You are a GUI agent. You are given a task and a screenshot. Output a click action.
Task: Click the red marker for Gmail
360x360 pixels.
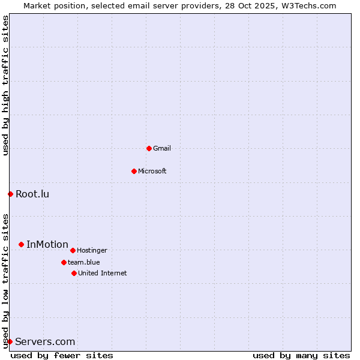tap(149, 148)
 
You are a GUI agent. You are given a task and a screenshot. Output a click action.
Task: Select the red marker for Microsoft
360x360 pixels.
tap(134, 171)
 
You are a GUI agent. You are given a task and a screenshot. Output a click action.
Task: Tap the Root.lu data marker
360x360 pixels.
tap(10, 194)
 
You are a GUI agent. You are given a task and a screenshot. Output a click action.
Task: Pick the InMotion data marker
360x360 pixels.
tap(21, 244)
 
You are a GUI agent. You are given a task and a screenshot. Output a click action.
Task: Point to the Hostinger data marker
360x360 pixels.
tap(73, 250)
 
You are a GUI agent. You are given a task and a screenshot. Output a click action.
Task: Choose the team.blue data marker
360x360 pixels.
tap(64, 262)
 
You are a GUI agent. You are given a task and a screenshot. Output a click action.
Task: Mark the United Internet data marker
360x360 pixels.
tap(74, 273)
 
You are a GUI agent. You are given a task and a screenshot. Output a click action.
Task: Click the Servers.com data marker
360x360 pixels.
tap(10, 341)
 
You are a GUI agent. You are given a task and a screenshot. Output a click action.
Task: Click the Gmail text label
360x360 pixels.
tap(162, 148)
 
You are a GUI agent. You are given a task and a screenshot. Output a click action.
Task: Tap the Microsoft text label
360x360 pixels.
tap(152, 171)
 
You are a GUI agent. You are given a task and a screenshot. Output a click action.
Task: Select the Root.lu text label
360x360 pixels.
tap(32, 194)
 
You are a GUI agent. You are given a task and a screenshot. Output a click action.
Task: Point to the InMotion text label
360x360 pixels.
tap(47, 244)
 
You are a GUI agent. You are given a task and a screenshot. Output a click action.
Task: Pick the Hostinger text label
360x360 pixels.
tap(92, 250)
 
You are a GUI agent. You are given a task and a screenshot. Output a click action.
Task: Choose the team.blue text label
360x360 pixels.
tap(84, 262)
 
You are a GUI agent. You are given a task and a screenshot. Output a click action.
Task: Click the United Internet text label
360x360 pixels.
tap(103, 273)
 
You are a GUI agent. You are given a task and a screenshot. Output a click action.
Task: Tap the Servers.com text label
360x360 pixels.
tap(45, 341)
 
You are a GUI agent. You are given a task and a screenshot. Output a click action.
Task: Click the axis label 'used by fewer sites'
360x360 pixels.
tap(62, 355)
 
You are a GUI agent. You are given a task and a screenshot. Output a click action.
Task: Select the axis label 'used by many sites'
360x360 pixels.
tap(301, 355)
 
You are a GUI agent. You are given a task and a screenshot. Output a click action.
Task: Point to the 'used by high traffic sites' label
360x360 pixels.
tap(5, 85)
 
